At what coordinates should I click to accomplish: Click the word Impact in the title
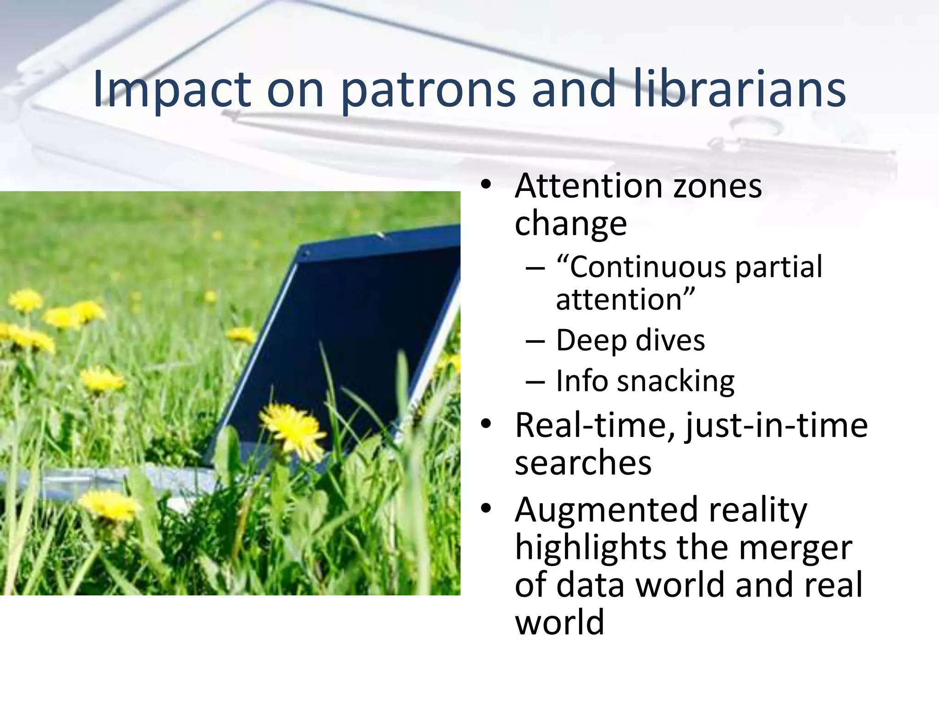click(172, 90)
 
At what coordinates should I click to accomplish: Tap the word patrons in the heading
click(428, 90)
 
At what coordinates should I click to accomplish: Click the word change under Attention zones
click(570, 224)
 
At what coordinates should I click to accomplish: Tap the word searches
click(583, 463)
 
